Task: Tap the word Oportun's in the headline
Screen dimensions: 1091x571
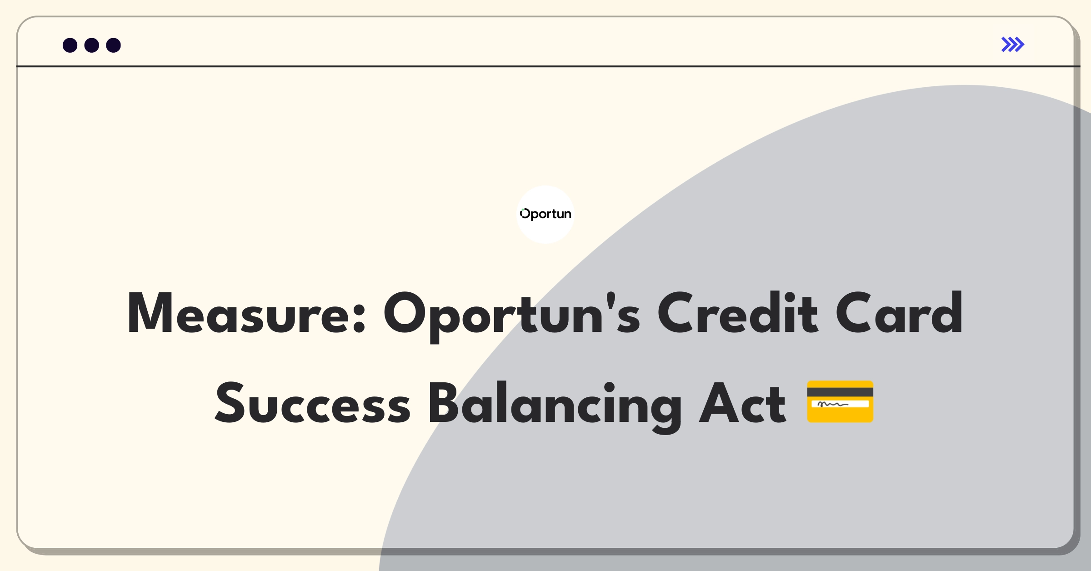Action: coord(512,316)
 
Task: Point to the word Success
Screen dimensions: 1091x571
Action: coord(313,403)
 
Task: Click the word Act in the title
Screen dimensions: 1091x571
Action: coord(742,403)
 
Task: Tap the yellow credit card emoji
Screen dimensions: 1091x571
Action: coord(840,401)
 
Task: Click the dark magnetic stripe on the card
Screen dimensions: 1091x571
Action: coord(840,392)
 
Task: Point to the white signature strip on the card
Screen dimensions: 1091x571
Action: coord(840,404)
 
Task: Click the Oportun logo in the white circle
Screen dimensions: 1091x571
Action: coord(545,214)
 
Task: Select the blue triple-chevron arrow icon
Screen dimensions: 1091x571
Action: coord(1013,45)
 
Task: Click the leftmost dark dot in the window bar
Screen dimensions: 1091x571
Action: coord(70,45)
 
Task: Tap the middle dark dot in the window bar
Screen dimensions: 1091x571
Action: coord(92,45)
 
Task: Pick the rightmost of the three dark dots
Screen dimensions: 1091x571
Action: coord(114,45)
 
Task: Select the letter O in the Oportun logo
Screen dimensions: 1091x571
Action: coord(525,213)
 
